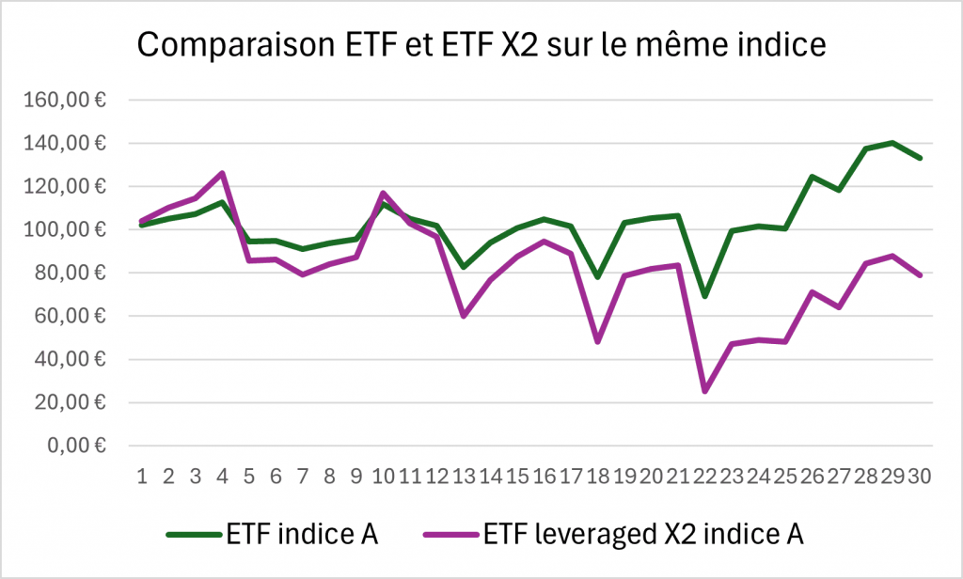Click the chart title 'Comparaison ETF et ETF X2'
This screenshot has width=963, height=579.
pos(481,45)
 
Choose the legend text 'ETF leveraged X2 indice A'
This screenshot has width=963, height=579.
pos(644,535)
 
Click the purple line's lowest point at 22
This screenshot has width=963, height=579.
pos(705,390)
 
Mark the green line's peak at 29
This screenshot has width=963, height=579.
pos(892,143)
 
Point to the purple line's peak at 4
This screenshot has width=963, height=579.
pos(222,173)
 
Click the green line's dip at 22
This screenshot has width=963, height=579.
pos(705,296)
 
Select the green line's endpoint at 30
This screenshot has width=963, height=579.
pos(920,158)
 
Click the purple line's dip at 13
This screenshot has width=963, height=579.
pos(464,316)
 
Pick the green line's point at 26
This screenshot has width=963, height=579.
pos(812,177)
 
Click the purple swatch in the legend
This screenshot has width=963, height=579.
pos(449,535)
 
